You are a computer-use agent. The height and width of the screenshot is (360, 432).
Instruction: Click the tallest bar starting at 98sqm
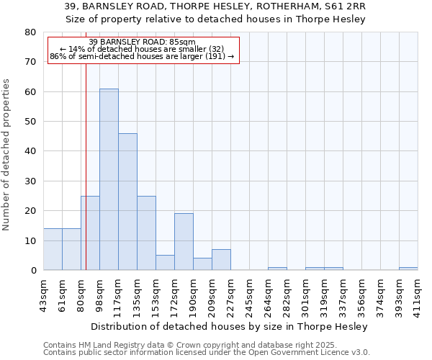tap(109, 179)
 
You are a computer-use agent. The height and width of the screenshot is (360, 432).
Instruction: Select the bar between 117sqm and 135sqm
tap(127, 202)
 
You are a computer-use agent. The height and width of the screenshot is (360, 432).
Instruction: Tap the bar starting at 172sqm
tap(184, 242)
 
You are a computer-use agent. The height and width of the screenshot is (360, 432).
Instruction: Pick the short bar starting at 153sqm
tap(165, 263)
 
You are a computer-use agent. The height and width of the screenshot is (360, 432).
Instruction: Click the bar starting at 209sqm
tap(221, 260)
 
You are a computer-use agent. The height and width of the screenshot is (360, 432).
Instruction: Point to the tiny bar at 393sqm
tap(408, 269)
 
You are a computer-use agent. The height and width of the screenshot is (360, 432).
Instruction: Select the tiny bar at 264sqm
tap(277, 269)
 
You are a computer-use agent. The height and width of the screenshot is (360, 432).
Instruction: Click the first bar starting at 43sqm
tap(53, 249)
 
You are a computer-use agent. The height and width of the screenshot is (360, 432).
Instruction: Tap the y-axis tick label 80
tap(30, 32)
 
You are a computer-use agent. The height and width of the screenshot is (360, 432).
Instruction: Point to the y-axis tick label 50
tap(30, 122)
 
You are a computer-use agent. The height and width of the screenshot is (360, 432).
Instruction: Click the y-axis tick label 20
tap(30, 211)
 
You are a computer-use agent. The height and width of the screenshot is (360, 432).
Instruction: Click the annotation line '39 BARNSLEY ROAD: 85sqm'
tap(143, 42)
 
